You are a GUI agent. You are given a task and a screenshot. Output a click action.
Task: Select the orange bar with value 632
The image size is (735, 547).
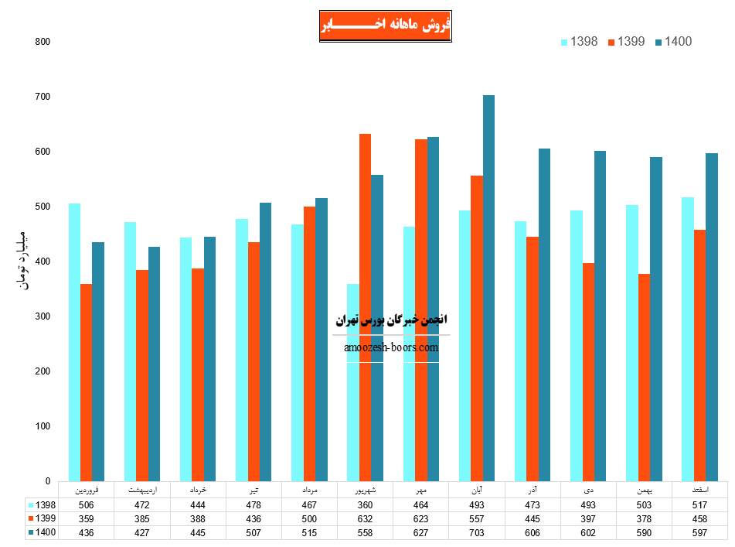point(365,307)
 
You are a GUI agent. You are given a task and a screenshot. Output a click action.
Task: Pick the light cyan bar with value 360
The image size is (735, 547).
point(352,382)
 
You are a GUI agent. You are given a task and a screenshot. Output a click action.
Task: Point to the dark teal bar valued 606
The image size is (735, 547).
point(544,314)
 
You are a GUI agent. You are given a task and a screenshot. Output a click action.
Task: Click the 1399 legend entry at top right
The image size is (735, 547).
point(627,42)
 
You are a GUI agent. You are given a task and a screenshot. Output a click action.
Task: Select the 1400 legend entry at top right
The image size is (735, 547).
point(673,42)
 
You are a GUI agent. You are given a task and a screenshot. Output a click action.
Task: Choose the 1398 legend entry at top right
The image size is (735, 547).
point(580,42)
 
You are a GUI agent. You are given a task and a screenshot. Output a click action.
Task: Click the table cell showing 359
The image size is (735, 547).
point(86,518)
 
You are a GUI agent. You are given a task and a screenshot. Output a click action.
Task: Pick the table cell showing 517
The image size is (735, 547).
point(699,504)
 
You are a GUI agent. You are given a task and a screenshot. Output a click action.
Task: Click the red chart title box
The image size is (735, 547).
point(385,26)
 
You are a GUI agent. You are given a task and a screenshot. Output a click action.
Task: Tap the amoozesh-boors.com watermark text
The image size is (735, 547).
point(391,347)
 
